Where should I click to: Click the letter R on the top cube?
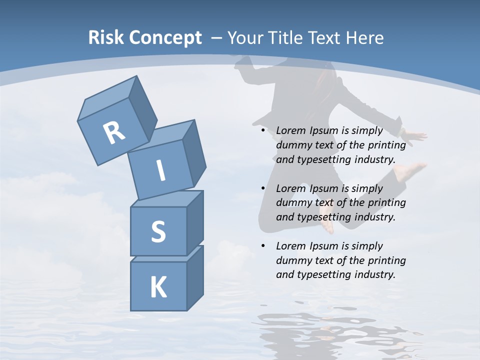tap(114, 133)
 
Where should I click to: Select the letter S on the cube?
tap(158, 231)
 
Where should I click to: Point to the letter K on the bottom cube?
tap(158, 287)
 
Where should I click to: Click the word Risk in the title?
tap(106, 38)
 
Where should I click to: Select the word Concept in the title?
tap(165, 38)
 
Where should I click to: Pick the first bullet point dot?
tap(263, 130)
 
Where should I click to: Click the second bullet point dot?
tap(263, 188)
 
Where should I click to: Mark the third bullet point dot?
tap(263, 246)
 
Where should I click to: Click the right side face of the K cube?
tap(195, 277)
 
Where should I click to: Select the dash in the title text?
tap(217, 38)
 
